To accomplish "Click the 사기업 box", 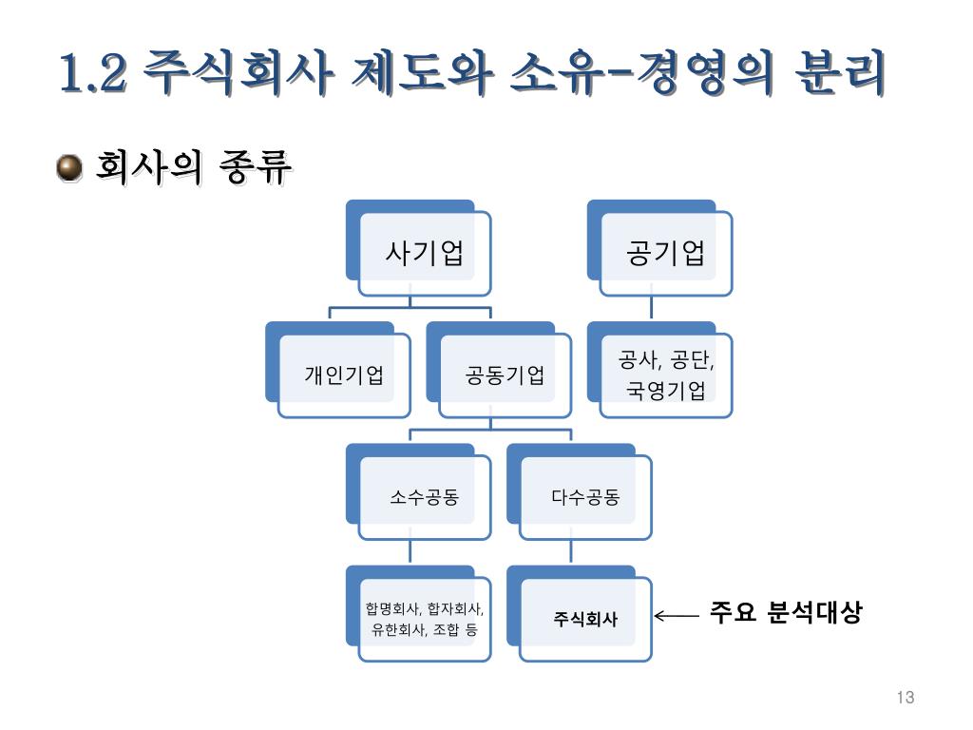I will (424, 254).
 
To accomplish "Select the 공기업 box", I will (666, 254).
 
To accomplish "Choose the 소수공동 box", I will (424, 496).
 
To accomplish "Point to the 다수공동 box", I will (585, 496).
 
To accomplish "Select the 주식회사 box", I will (585, 619).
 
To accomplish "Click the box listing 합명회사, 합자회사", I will (424, 619).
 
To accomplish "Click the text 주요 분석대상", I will (785, 613).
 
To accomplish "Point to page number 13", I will (905, 699).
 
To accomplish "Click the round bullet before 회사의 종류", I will (69, 169).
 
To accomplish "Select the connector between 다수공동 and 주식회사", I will (571, 551).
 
